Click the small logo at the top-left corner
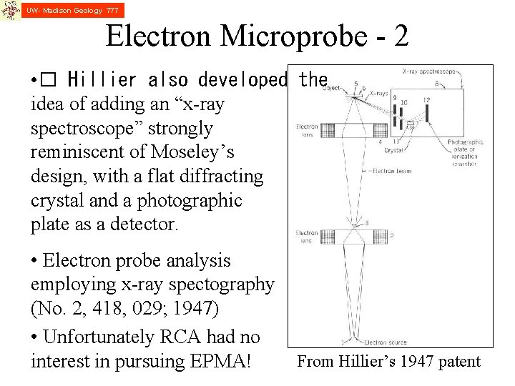point(10,10)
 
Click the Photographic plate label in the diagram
point(466,147)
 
